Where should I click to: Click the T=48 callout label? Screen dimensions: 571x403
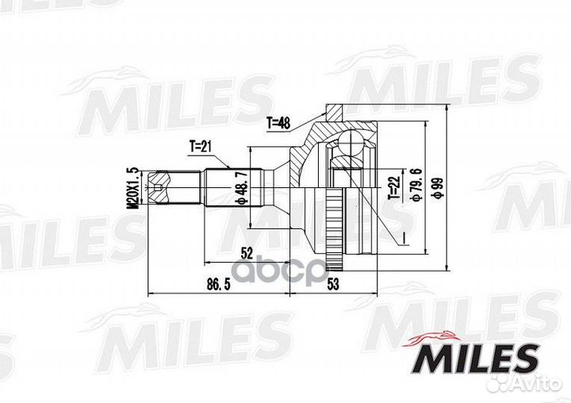[x=278, y=124]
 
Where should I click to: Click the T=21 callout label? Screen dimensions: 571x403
[x=200, y=147]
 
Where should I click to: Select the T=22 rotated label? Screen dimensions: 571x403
[x=394, y=188]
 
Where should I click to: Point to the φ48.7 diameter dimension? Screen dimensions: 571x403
[x=242, y=188]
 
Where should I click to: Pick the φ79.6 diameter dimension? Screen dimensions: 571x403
[x=416, y=184]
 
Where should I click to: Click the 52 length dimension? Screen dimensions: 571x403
[x=247, y=253]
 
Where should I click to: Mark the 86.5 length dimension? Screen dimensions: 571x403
[x=219, y=285]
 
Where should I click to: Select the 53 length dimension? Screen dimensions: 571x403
[x=333, y=284]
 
